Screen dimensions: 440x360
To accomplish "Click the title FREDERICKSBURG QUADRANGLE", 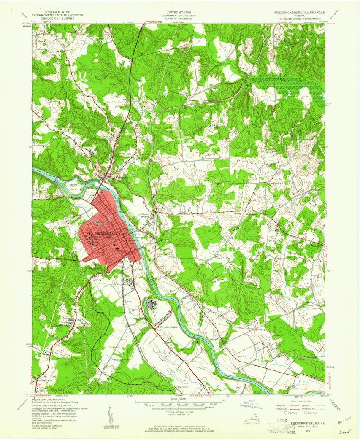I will click(x=299, y=13).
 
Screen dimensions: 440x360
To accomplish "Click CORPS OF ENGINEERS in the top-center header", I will click(x=179, y=19).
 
